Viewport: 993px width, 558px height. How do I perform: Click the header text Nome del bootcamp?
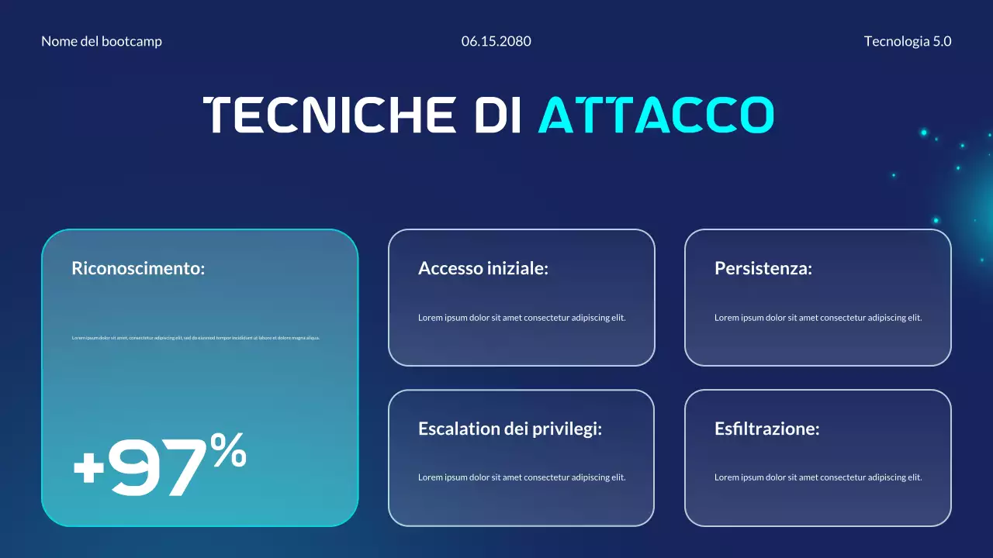point(102,42)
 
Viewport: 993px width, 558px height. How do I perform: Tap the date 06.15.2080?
point(496,42)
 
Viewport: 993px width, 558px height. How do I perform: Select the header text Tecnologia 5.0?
point(908,42)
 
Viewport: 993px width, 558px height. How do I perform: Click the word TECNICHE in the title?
point(330,115)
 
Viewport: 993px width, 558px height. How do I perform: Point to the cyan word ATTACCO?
point(656,115)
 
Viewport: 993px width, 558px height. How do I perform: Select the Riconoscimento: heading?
point(138,269)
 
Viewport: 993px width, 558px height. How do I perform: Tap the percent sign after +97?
point(228,450)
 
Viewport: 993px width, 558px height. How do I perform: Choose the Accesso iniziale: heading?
point(483,269)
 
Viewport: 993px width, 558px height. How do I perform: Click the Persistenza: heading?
point(763,269)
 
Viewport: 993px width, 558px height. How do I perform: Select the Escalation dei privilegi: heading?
point(510,429)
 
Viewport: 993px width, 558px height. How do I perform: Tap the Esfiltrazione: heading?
point(766,429)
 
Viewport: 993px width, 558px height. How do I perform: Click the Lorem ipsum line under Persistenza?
point(818,318)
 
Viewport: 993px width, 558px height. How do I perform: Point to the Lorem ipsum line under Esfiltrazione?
point(818,477)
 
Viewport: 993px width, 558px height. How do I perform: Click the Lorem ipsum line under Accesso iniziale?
point(521,318)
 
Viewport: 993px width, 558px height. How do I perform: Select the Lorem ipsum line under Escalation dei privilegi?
point(521,477)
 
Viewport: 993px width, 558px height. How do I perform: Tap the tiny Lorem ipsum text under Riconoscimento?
point(195,338)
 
